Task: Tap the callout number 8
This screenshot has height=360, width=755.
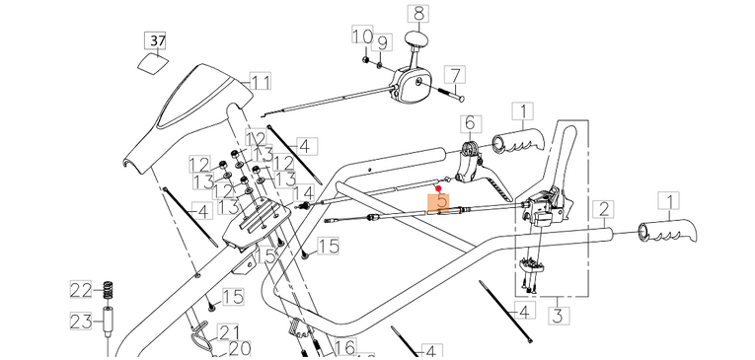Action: [418, 14]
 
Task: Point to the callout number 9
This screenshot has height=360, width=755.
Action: [384, 43]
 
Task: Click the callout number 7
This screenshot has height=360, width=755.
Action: [454, 75]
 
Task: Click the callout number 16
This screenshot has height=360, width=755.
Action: [344, 347]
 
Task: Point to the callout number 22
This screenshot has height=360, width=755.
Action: [80, 289]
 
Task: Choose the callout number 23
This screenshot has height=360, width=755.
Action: [80, 321]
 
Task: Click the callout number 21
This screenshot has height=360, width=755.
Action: [229, 331]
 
